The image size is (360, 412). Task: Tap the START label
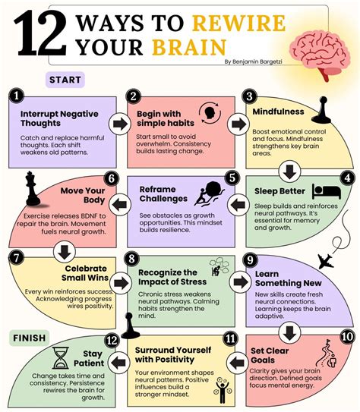(x=65, y=80)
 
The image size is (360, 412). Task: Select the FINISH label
(x=29, y=338)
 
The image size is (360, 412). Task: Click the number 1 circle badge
(x=16, y=96)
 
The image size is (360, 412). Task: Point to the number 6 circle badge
(x=112, y=178)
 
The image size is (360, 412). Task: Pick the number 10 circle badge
(x=347, y=337)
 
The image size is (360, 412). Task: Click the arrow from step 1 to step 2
(x=120, y=124)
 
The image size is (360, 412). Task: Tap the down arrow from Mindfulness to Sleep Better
(x=289, y=171)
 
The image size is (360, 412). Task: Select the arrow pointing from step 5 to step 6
(x=120, y=205)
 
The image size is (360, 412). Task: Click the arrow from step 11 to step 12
(x=118, y=363)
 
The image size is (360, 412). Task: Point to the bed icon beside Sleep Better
(x=327, y=191)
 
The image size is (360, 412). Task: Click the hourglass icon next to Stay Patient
(x=61, y=358)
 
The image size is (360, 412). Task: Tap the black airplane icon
(x=326, y=261)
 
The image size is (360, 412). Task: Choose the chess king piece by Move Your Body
(x=33, y=188)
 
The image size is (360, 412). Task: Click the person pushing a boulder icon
(x=210, y=193)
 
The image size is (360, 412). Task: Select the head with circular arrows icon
(x=210, y=113)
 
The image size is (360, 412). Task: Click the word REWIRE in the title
(x=238, y=23)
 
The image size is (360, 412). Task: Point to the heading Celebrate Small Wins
(x=85, y=273)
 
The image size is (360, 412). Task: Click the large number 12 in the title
(x=40, y=33)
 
